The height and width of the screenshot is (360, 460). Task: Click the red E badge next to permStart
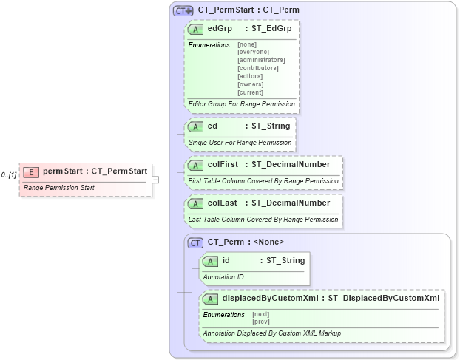[x=31, y=172]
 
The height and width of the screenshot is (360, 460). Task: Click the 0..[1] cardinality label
[x=9, y=174]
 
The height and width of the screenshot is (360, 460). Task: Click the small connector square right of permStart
[x=155, y=179]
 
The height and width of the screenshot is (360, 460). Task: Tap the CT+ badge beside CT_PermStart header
[x=183, y=11]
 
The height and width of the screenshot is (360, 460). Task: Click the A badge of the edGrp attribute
[x=196, y=29]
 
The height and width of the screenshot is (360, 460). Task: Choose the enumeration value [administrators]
[x=261, y=60]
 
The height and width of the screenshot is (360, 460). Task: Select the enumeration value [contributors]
[x=257, y=68]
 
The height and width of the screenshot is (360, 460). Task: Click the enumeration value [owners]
[x=251, y=84]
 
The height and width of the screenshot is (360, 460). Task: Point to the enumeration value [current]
[x=251, y=92]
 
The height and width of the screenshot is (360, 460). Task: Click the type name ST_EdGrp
[x=272, y=29]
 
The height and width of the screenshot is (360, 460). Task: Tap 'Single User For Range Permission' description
[x=240, y=142]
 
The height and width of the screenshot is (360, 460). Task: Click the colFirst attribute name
[x=223, y=164]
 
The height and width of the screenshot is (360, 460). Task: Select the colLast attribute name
[x=222, y=203]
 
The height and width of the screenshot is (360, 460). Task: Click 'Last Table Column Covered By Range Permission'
[x=263, y=220]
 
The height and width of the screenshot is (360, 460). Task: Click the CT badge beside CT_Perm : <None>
[x=196, y=242]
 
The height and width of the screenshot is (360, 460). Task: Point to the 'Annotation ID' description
[x=223, y=277]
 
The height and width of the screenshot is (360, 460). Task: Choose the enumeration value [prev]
[x=260, y=322]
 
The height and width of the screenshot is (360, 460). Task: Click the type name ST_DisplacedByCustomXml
[x=384, y=299]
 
